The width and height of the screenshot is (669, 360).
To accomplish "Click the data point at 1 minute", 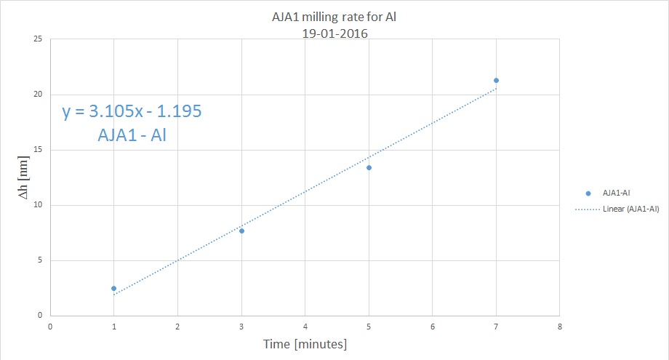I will coord(113,289).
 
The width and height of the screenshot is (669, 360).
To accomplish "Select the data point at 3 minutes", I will coord(241,231).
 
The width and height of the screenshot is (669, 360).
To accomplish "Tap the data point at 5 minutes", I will coord(369,167).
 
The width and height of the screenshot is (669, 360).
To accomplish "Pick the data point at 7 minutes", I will coord(496,80).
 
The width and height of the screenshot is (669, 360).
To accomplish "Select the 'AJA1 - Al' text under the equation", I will coord(132,135).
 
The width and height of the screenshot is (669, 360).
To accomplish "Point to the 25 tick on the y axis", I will coord(36,39).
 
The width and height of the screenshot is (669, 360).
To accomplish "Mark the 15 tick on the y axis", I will coord(36,150).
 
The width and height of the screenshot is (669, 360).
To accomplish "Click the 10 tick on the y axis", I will coord(36,205).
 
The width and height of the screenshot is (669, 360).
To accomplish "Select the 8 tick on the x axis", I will coord(559,326).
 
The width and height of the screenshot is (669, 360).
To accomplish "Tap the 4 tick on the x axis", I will coord(305,326).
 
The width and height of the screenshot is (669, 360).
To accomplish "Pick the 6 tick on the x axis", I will coord(432,326).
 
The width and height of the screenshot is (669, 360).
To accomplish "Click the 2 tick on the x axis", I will coord(177,326).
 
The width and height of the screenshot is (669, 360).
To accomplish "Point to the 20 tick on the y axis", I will coord(36,95).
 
